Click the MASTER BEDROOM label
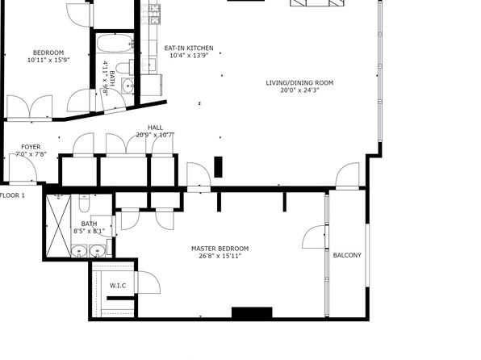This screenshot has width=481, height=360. coord(220,249)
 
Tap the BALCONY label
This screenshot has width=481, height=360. coord(347,255)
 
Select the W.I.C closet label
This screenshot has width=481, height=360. coord(118,286)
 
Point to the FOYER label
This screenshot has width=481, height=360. coord(31,147)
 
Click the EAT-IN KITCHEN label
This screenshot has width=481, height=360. coord(189,48)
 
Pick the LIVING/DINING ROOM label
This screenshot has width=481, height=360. coord(299,83)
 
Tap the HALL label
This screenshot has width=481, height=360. coord(155,128)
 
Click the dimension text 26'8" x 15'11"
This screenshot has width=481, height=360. coord(220,256)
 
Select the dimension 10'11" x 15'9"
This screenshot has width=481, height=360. coord(48,61)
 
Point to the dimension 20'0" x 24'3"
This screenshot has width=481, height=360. coord(299,90)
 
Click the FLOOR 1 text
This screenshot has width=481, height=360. coord(12,195)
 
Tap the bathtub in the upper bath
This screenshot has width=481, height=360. coord(115,44)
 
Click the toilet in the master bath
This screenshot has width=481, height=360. coord(84,203)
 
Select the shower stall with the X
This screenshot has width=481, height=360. coord(58,225)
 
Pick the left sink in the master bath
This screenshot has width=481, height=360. coord(79,251)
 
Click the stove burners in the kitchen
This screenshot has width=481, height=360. coord(155,14)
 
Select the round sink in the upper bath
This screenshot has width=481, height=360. coord(128,86)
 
